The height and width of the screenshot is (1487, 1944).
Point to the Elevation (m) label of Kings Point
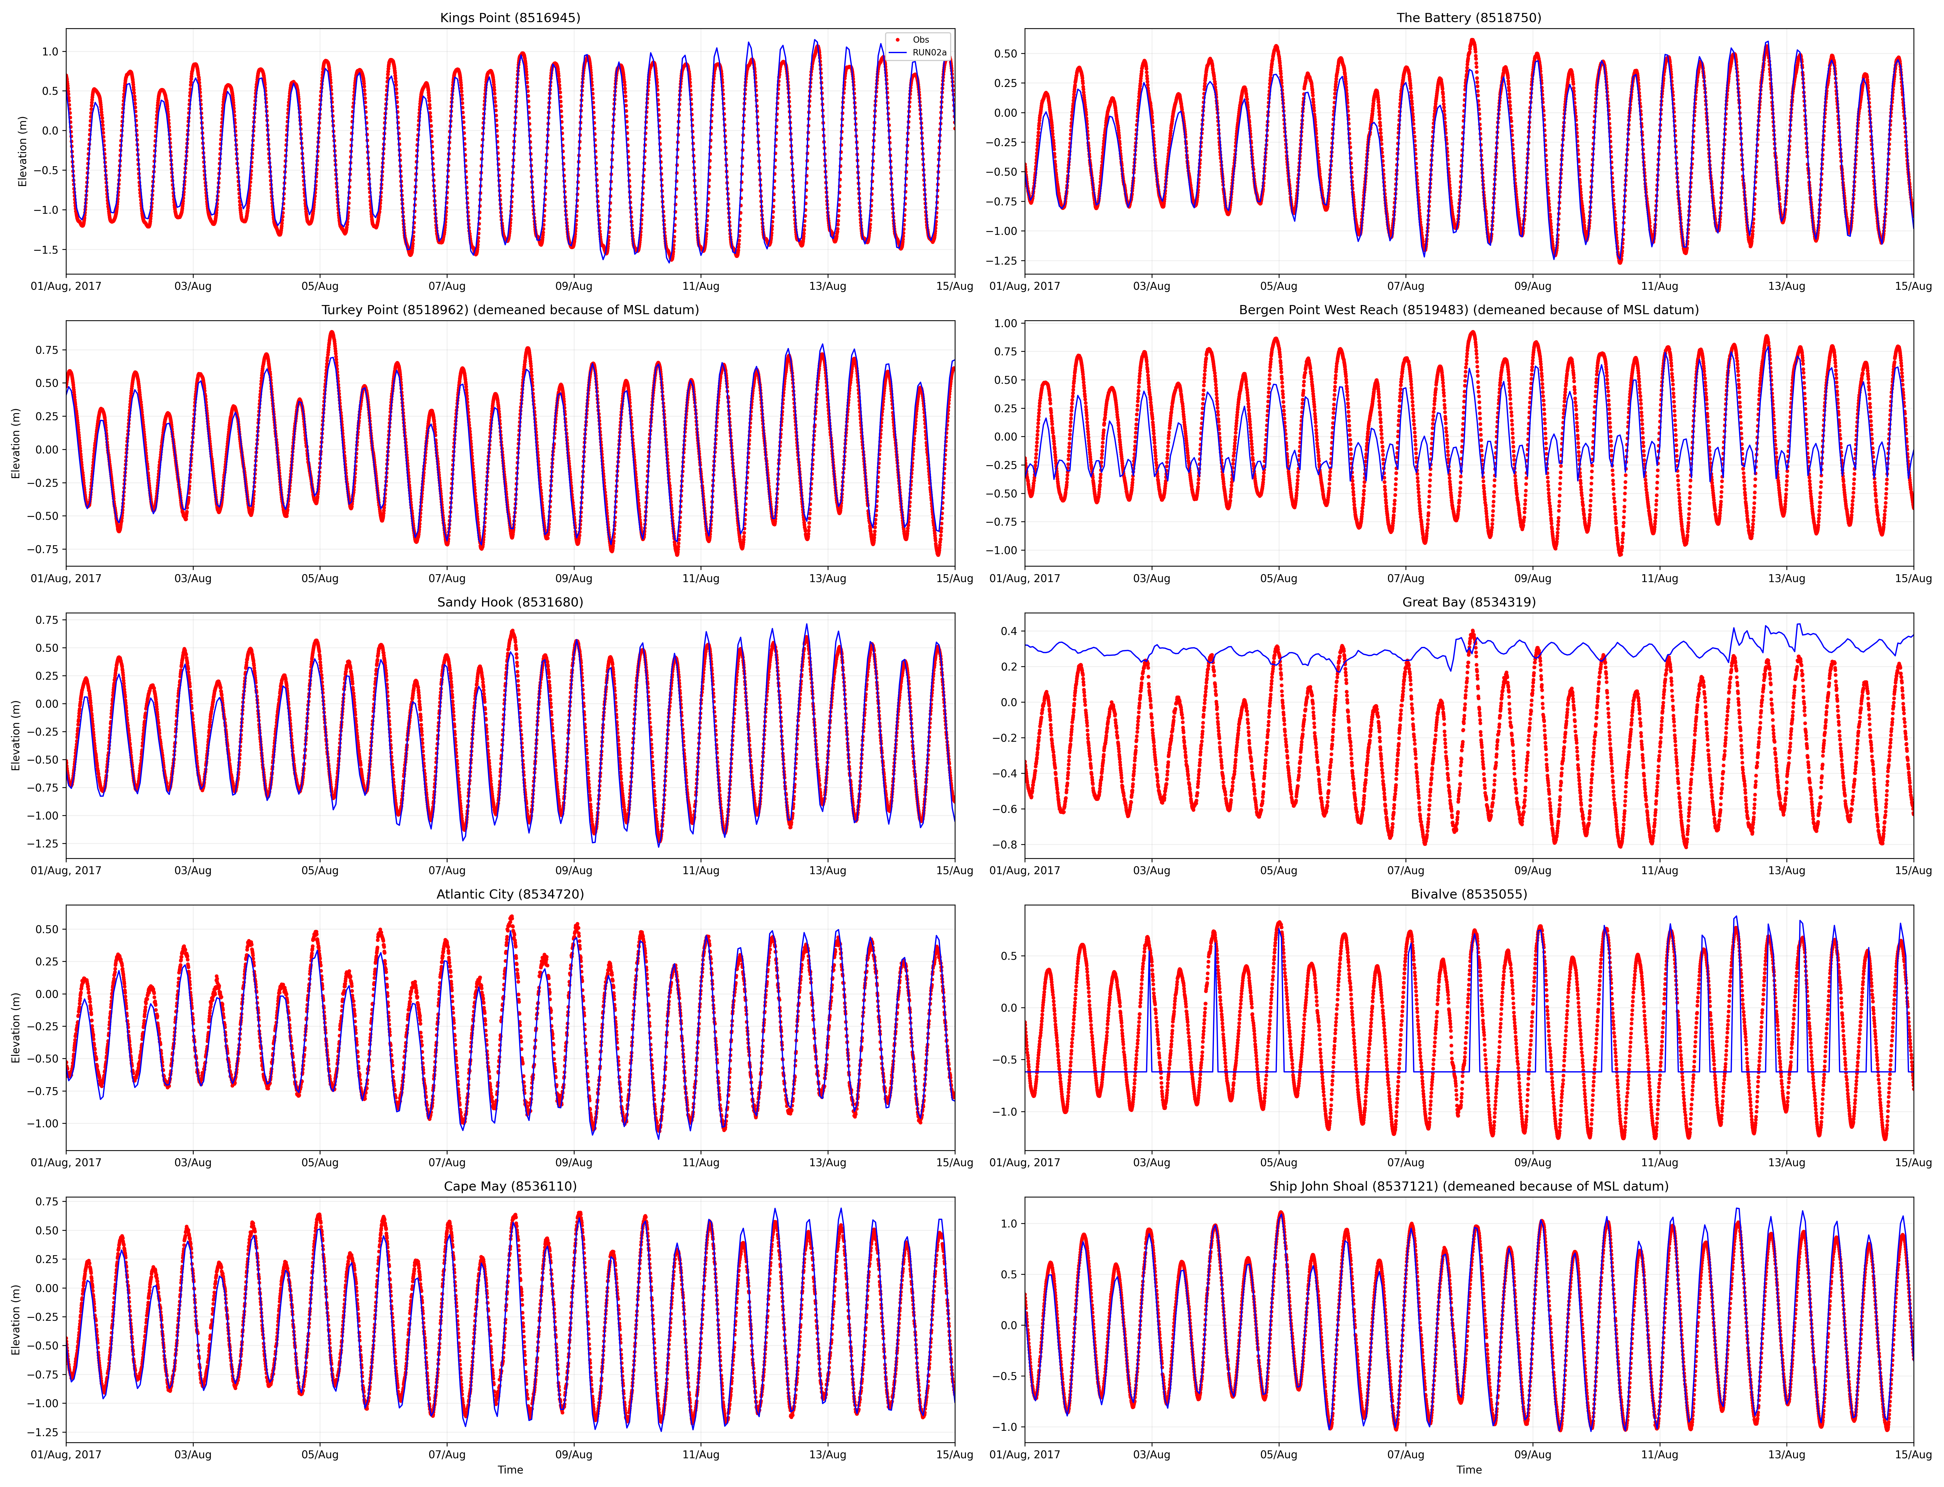[23, 151]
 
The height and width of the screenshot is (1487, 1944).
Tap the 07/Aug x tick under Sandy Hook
[447, 870]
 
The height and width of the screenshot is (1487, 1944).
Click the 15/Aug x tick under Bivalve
[1913, 1162]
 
